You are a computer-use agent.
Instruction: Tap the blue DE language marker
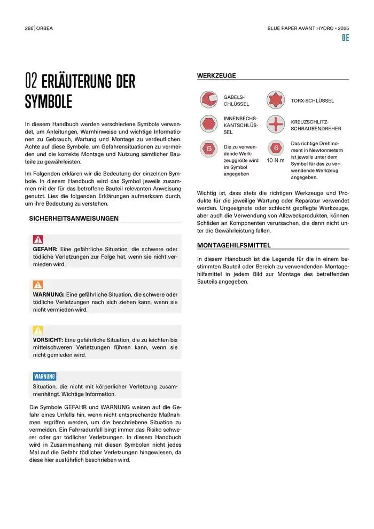click(x=345, y=38)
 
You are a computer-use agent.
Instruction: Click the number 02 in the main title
click(x=32, y=82)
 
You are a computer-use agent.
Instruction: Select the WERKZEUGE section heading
click(x=216, y=76)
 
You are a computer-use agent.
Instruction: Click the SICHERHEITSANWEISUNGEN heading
click(x=74, y=218)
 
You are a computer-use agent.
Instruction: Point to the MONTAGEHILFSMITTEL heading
click(x=234, y=245)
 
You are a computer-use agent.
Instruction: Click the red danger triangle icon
click(x=38, y=239)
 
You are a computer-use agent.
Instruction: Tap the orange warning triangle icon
click(x=38, y=284)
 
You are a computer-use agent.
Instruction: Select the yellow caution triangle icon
click(x=38, y=330)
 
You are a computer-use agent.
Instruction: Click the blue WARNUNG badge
click(x=44, y=376)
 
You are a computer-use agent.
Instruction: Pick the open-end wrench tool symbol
click(x=208, y=100)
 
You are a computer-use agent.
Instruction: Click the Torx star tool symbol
click(x=275, y=100)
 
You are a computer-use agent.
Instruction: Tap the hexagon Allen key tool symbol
click(x=208, y=125)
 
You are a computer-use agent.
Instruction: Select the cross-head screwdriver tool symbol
click(x=275, y=125)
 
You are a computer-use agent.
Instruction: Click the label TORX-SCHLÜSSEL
click(x=313, y=100)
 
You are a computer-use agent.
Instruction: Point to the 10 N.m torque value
click(x=276, y=160)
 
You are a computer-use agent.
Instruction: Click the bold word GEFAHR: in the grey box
click(x=45, y=249)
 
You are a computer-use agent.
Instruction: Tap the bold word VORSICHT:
click(x=48, y=339)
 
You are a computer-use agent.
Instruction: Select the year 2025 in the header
click(x=342, y=28)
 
